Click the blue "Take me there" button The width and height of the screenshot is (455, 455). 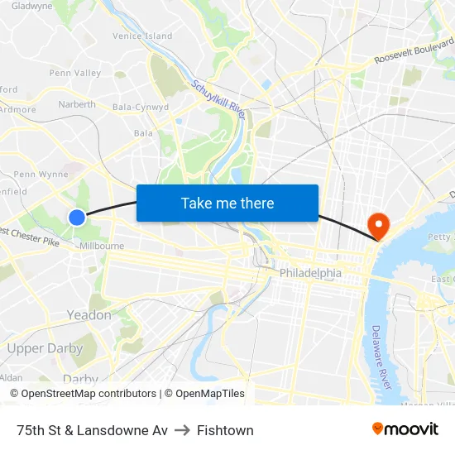pyautogui.click(x=227, y=203)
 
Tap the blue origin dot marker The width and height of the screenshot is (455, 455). pyautogui.click(x=77, y=218)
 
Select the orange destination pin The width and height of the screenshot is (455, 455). pyautogui.click(x=377, y=223)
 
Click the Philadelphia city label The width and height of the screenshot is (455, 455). pyautogui.click(x=310, y=273)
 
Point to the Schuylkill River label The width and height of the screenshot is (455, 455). pyautogui.click(x=219, y=98)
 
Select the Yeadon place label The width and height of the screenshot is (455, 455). pyautogui.click(x=89, y=315)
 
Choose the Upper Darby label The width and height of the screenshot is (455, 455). pyautogui.click(x=45, y=348)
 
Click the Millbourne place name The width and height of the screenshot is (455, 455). pyautogui.click(x=102, y=246)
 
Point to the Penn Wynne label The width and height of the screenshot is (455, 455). pyautogui.click(x=41, y=175)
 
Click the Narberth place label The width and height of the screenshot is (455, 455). pyautogui.click(x=77, y=105)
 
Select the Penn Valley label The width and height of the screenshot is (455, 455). pyautogui.click(x=75, y=73)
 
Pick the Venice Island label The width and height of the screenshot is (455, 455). pyautogui.click(x=143, y=36)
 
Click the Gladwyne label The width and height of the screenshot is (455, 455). pyautogui.click(x=32, y=6)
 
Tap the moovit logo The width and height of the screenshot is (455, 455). pyautogui.click(x=405, y=429)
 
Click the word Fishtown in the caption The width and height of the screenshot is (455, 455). pyautogui.click(x=225, y=430)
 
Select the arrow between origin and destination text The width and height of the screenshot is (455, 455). pyautogui.click(x=182, y=430)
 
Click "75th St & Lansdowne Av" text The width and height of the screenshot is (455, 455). pyautogui.click(x=92, y=430)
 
